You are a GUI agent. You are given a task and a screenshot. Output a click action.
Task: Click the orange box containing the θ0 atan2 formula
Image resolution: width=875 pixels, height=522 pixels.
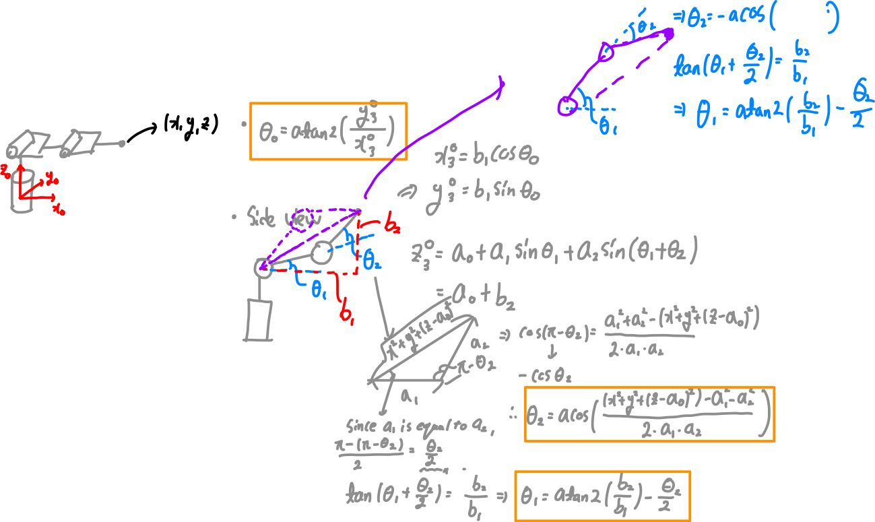(x=328, y=131)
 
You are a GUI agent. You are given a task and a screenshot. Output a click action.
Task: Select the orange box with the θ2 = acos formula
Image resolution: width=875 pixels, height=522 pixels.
(x=649, y=414)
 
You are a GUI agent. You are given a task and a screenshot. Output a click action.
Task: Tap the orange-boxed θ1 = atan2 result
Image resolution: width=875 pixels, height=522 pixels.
(x=602, y=496)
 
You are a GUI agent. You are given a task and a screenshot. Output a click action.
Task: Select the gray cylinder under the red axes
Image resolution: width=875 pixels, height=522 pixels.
(x=22, y=193)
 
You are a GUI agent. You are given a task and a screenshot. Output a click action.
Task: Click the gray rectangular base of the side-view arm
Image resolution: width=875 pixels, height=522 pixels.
(x=259, y=320)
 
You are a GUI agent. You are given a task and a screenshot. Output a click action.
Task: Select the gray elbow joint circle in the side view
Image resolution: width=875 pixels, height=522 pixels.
(x=321, y=253)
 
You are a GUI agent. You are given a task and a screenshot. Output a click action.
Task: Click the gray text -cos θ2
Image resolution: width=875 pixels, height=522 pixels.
(x=544, y=374)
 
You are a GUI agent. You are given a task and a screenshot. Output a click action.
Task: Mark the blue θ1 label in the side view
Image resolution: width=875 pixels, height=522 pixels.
(x=317, y=290)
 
